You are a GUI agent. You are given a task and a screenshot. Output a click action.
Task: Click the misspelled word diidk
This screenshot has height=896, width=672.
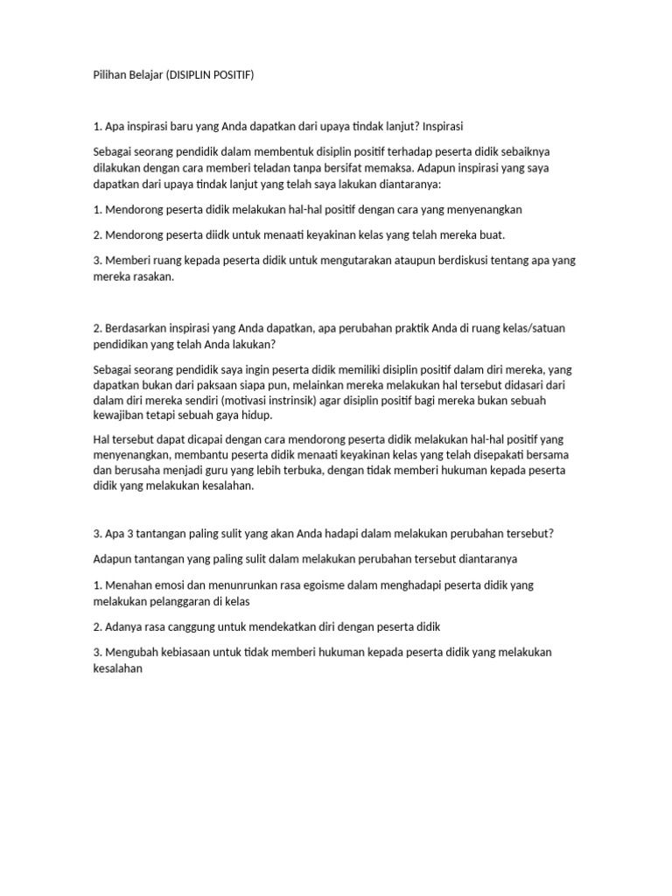(225, 235)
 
